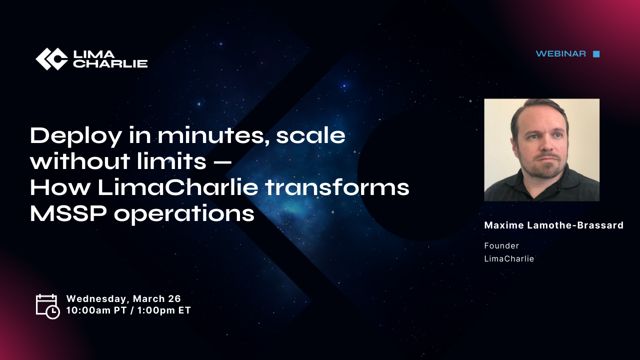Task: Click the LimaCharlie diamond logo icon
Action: (x=51, y=59)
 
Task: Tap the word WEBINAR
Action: (x=560, y=53)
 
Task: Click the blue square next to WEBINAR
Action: (x=596, y=54)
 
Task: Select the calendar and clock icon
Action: (x=47, y=306)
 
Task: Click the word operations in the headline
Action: (x=184, y=214)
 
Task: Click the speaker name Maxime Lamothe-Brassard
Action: (x=553, y=225)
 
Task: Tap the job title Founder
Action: (x=501, y=245)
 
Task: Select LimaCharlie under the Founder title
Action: (x=509, y=258)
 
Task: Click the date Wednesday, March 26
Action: (x=123, y=299)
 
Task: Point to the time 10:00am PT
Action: (x=96, y=310)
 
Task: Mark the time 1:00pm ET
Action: (x=164, y=310)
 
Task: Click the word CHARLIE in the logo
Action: (x=110, y=63)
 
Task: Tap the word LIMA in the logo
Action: (x=94, y=54)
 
